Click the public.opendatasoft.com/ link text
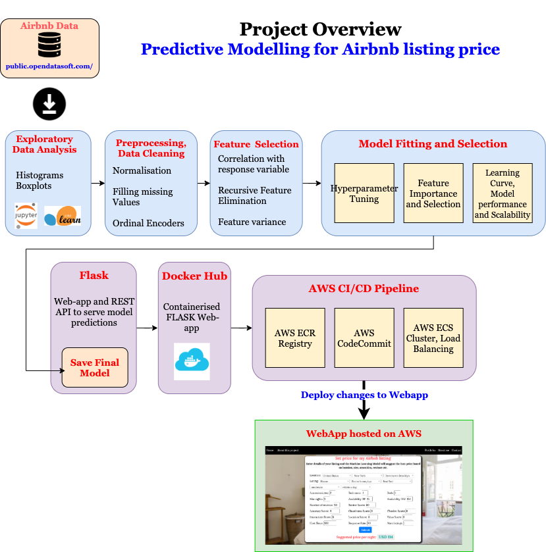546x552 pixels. click(x=49, y=66)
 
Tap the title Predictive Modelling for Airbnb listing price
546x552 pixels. click(x=320, y=49)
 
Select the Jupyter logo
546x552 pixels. click(x=26, y=216)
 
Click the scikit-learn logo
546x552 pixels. click(x=63, y=216)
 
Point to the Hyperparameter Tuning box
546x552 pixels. click(x=364, y=193)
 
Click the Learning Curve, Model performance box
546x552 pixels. click(x=502, y=193)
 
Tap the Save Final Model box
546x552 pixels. click(x=95, y=367)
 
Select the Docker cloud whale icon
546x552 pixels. click(x=192, y=361)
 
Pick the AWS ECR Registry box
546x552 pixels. click(x=294, y=338)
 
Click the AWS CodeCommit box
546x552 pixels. click(x=364, y=338)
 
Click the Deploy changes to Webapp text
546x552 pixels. click(x=364, y=395)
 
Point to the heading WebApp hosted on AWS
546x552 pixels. click(x=364, y=434)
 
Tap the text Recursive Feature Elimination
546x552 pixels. click(x=254, y=195)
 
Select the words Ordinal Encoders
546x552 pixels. click(x=148, y=223)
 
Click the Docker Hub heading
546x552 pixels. click(x=194, y=276)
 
